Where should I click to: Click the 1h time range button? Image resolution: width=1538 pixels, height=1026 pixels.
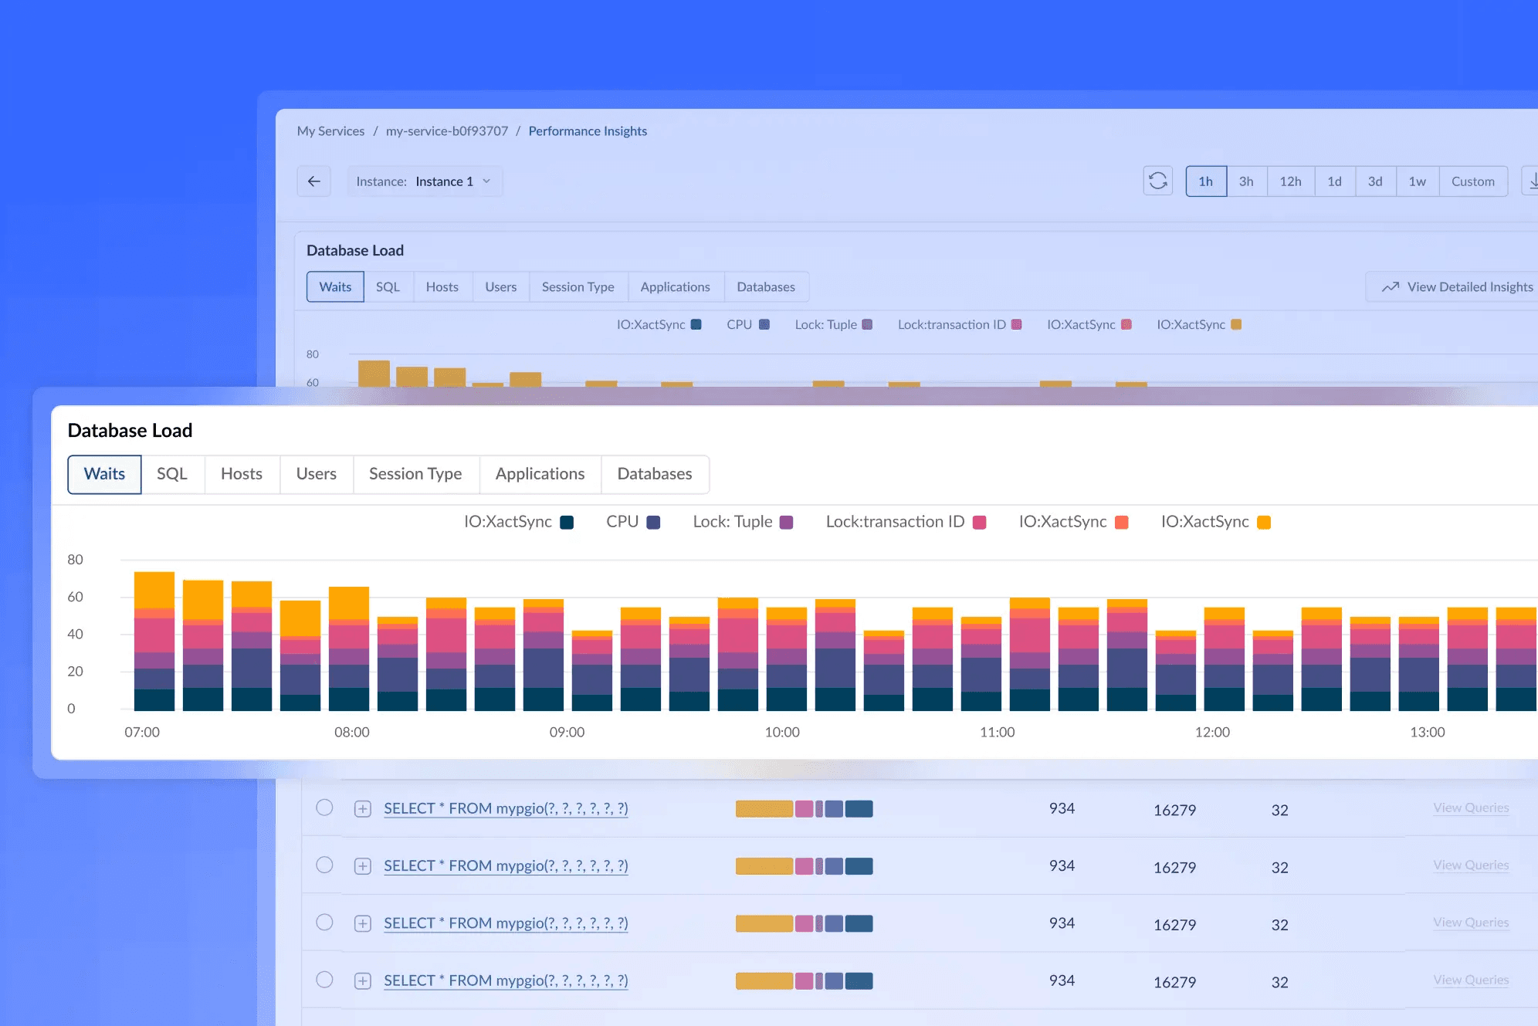tap(1206, 181)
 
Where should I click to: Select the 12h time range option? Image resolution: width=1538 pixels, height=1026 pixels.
tap(1291, 181)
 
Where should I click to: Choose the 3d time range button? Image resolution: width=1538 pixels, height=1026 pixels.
tap(1375, 181)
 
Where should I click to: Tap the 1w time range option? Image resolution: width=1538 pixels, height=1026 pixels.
tap(1418, 181)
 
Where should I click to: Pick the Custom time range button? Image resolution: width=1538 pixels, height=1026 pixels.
tap(1473, 181)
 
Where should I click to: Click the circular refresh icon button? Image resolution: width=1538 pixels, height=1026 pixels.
tap(1158, 181)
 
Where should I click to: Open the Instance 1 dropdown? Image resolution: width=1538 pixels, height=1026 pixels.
tap(425, 181)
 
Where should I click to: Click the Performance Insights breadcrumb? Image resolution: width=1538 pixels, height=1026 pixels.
tap(588, 131)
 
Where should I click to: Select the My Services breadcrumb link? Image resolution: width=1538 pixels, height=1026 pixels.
tap(330, 131)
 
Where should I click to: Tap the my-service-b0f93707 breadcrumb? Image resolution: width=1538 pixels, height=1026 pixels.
tap(447, 131)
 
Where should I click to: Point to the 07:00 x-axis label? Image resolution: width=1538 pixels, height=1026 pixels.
tap(142, 732)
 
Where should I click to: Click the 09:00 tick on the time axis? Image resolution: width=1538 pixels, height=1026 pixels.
tap(567, 732)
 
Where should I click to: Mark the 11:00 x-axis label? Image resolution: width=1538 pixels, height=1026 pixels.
tap(998, 732)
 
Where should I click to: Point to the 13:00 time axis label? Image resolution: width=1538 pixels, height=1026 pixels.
tap(1428, 732)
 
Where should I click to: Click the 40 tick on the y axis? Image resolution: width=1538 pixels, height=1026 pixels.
tap(75, 634)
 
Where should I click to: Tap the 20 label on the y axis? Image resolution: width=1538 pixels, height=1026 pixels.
tap(75, 671)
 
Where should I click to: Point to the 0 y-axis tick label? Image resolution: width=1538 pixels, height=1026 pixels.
tap(71, 709)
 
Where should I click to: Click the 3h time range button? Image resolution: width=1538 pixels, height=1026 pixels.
tap(1246, 181)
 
